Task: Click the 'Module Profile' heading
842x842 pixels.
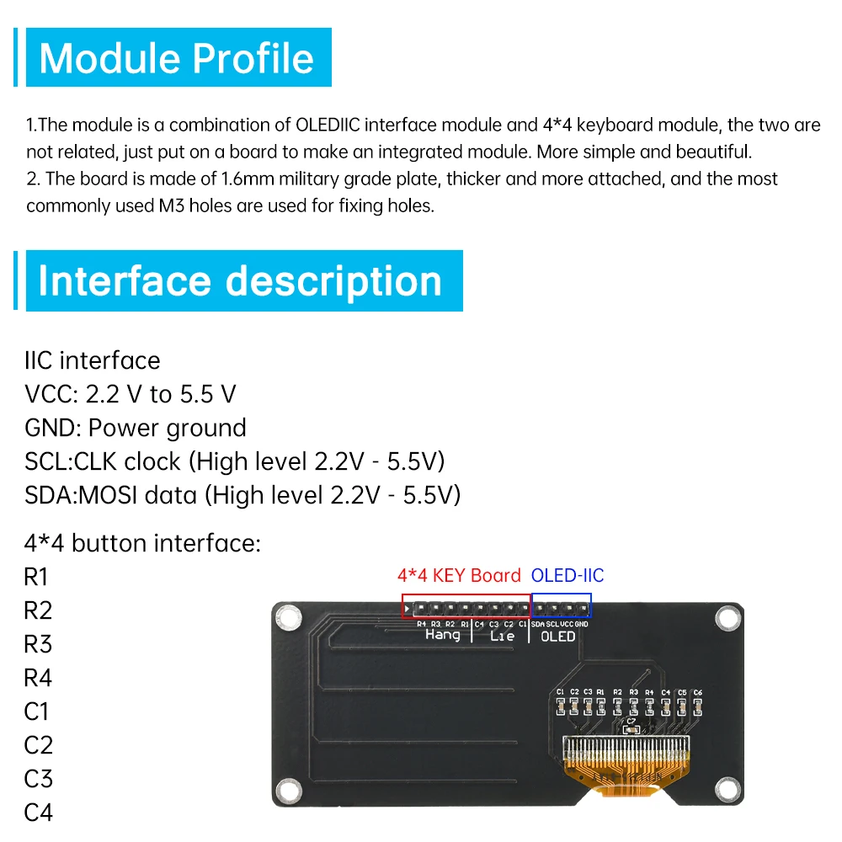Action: pos(177,58)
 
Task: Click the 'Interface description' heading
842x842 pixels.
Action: pos(240,280)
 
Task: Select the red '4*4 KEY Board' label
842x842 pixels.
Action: pos(459,576)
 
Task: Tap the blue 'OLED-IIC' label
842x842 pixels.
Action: pos(567,576)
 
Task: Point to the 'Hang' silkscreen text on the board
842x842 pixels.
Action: pos(443,635)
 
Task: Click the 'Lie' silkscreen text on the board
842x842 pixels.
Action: pos(502,637)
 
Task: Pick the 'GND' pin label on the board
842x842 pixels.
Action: pos(581,624)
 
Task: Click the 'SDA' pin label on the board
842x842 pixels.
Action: pos(538,624)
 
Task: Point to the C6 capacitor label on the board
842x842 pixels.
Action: pos(697,692)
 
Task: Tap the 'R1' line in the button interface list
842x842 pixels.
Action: pos(37,577)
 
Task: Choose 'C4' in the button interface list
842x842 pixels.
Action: pos(38,813)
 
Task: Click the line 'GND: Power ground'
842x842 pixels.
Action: pos(136,428)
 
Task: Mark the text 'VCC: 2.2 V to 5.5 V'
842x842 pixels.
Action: pos(131,394)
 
